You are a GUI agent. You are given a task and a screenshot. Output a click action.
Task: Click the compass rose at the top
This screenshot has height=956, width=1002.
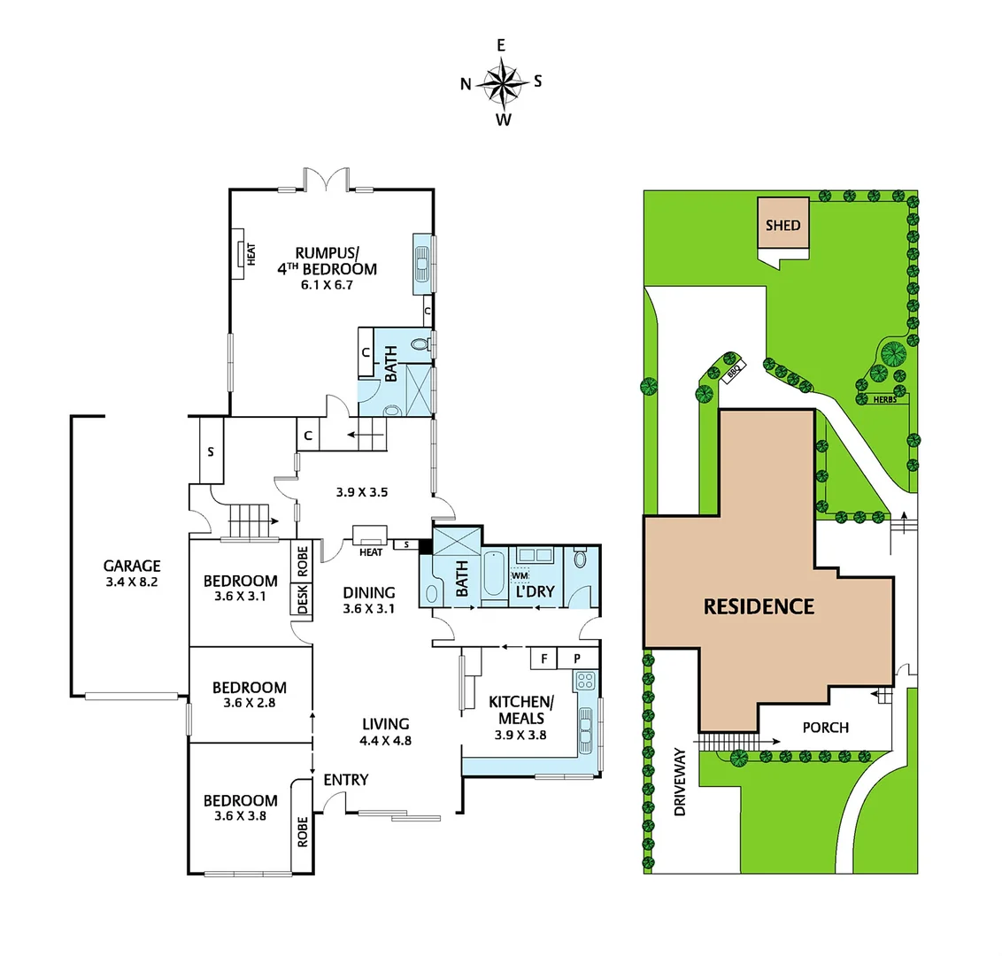pos(501,83)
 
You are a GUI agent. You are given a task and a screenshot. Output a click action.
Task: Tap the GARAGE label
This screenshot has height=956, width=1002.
pos(132,566)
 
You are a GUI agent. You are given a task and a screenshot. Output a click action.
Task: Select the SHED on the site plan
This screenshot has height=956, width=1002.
pos(782,225)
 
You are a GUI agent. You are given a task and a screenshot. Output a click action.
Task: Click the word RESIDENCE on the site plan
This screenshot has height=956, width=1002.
pos(759,606)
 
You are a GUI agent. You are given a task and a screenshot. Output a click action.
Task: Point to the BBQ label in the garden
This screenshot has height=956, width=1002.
pos(732,373)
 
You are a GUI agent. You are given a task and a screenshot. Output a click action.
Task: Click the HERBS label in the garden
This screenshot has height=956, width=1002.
pos(883,400)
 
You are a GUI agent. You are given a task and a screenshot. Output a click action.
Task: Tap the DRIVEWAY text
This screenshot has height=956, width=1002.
pos(680,781)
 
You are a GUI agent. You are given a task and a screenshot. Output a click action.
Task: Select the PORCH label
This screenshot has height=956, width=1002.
pos(825,728)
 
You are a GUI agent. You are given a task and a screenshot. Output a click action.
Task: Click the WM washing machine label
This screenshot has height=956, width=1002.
pos(518,576)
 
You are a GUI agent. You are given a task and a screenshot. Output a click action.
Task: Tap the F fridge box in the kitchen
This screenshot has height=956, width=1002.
pos(543,659)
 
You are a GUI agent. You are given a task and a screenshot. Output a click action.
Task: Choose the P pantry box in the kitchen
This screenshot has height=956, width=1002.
pos(576,659)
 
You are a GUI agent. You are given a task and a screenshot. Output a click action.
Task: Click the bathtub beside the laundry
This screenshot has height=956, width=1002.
pos(493,574)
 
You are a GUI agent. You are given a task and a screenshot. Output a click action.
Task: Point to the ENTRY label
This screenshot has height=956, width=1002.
pos(345,779)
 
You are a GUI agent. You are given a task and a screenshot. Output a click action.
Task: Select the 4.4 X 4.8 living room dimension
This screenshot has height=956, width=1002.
pos(385,741)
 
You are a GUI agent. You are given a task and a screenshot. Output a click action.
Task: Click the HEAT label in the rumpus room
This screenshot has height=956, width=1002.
pos(250,255)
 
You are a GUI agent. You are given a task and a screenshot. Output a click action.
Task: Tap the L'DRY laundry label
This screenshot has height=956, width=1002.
pos(535,591)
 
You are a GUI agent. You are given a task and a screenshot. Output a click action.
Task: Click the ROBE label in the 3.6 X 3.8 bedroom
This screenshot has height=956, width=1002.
pos(303,832)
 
